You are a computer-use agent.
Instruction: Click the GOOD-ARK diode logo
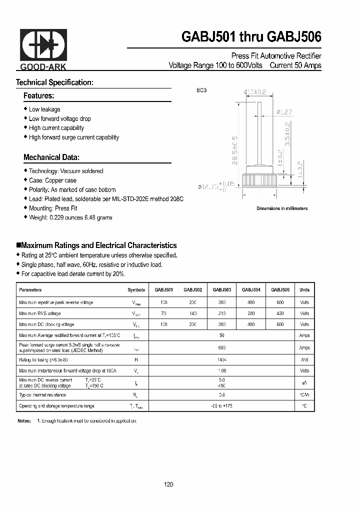coord(43,48)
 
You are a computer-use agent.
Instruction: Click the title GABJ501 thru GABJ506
coord(251,37)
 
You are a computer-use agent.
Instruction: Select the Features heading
coord(38,95)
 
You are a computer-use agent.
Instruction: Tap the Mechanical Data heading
coord(51,157)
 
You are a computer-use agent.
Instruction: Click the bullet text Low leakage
coord(44,109)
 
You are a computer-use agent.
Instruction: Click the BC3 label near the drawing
coord(201,90)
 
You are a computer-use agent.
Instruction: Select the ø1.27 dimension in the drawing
coord(284,112)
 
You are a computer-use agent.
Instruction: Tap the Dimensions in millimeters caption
coord(282,208)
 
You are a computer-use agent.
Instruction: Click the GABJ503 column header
coord(221,289)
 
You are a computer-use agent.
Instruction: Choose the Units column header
coord(304,289)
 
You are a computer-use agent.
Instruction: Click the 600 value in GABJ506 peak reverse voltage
coord(280,302)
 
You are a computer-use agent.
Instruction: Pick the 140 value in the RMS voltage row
coord(192,313)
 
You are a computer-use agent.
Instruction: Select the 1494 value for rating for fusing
coord(222,359)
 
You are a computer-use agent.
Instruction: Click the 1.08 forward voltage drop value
coord(222,370)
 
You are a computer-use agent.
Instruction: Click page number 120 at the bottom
coord(168,484)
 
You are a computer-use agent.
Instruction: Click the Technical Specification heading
coord(54,82)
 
